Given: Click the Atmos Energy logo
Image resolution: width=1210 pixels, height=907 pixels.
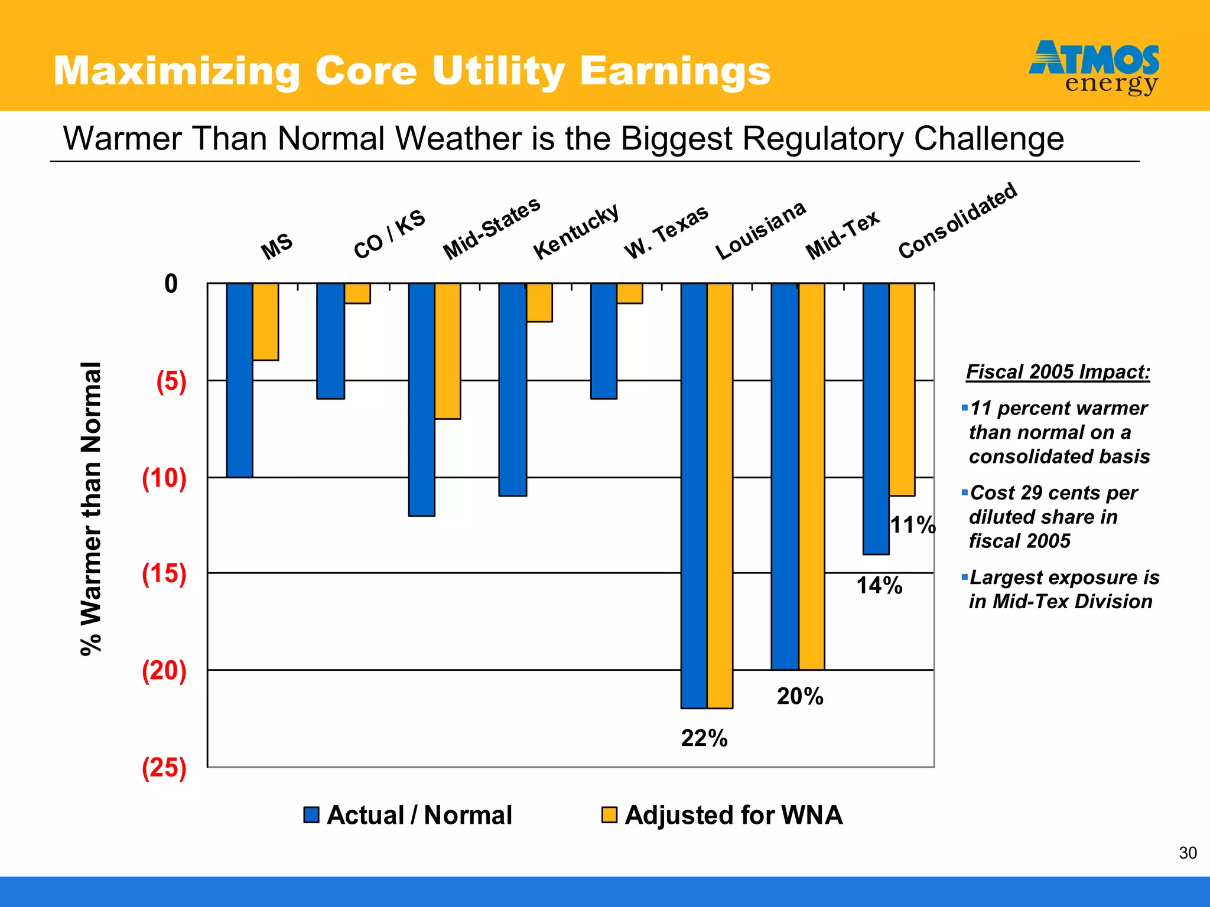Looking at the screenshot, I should tap(1094, 67).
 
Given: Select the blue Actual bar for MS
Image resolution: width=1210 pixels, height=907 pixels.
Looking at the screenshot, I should tap(239, 380).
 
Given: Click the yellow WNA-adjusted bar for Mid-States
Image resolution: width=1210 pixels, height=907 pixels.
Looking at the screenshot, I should tap(447, 351).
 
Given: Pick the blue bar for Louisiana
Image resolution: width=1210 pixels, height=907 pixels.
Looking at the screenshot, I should tap(694, 495).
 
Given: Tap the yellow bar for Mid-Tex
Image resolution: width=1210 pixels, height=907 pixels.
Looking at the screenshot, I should tap(811, 476).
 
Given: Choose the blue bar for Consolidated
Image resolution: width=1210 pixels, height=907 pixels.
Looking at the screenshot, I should tap(876, 418).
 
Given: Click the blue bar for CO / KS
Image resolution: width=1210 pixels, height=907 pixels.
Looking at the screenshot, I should tap(330, 341).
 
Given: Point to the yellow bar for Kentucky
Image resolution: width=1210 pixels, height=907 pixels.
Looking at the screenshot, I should tap(539, 302).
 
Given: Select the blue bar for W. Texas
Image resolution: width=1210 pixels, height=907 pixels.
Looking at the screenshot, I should tap(603, 341).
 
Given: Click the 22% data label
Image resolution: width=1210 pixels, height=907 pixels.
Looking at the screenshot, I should tap(704, 738).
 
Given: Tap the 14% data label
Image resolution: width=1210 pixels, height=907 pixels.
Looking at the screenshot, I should tap(879, 586).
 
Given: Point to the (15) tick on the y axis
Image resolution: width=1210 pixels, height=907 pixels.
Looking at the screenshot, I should tap(164, 573).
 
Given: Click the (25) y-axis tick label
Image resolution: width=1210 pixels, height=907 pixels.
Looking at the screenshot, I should tap(164, 768).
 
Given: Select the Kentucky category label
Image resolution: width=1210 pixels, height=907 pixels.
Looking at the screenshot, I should tap(576, 231).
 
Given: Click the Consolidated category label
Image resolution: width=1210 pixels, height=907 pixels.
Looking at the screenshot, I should tap(957, 220).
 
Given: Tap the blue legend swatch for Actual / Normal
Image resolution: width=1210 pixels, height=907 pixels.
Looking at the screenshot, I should tap(311, 815).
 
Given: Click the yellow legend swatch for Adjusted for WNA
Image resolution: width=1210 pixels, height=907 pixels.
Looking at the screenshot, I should tap(609, 815).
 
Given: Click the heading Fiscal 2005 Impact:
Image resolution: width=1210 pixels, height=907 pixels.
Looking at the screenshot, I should tap(1058, 372).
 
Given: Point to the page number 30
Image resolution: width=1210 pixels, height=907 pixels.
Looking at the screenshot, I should tap(1188, 853).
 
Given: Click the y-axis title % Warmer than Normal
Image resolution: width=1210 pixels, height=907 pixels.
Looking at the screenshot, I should tap(92, 508).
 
